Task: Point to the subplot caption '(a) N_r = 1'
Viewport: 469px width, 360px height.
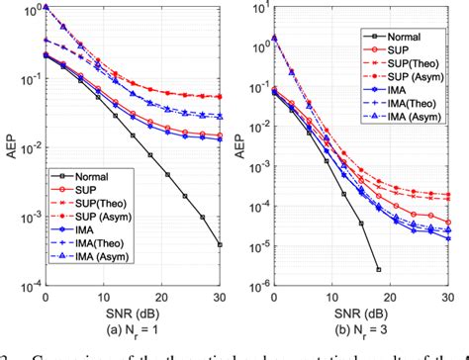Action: tap(135, 327)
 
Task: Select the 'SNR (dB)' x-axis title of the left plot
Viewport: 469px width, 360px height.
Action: tap(135, 312)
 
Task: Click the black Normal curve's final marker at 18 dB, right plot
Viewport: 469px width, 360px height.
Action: tap(377, 269)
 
